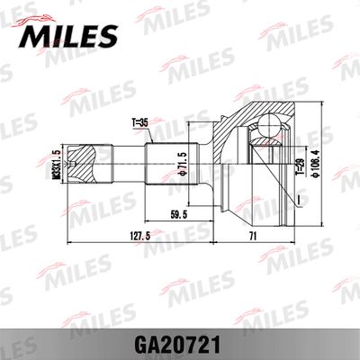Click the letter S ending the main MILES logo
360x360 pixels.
coord(107,36)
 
